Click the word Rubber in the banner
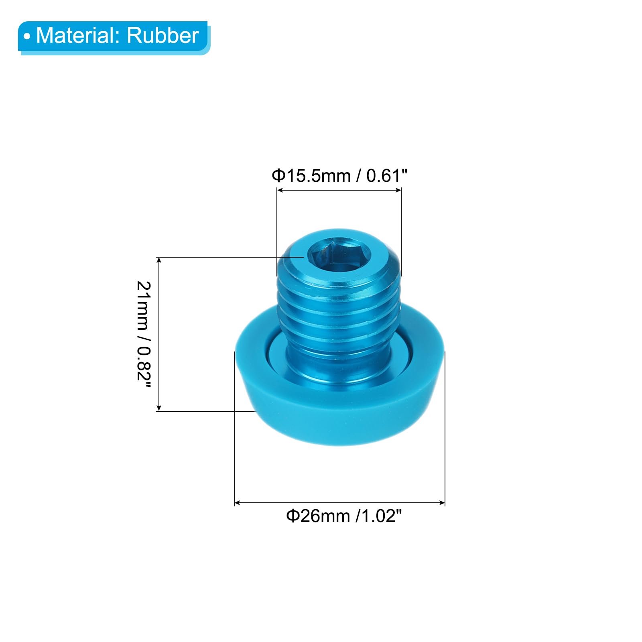tap(163, 35)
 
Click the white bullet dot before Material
tap(27, 37)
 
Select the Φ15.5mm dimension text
tap(311, 176)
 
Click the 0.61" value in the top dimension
tap(387, 176)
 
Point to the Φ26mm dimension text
tap(318, 516)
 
